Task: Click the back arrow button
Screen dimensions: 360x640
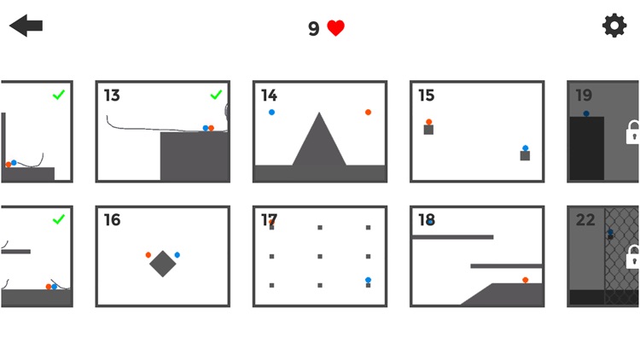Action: point(26,26)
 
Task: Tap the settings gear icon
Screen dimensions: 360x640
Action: point(614,26)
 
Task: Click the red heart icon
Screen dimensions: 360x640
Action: point(336,28)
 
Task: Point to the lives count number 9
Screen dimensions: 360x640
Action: point(313,29)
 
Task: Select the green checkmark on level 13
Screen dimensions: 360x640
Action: point(216,95)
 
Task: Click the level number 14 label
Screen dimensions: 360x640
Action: point(269,96)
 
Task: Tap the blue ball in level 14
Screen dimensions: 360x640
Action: point(271,112)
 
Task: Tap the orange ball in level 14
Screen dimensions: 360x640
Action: point(368,112)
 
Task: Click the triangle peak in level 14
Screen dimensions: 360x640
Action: point(319,114)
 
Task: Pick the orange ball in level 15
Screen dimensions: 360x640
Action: point(428,122)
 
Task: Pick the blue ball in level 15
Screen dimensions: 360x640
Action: point(525,148)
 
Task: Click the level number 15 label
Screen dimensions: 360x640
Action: point(426,96)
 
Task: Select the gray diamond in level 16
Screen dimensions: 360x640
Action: point(163,264)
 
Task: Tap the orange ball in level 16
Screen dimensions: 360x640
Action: point(148,254)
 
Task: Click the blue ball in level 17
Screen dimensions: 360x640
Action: point(368,279)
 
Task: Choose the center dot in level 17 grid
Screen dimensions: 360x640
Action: point(320,256)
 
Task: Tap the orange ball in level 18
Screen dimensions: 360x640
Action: point(525,279)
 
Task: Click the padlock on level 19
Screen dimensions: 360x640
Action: point(632,132)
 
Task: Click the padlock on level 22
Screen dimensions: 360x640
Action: point(632,256)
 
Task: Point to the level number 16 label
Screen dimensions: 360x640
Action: point(112,220)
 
